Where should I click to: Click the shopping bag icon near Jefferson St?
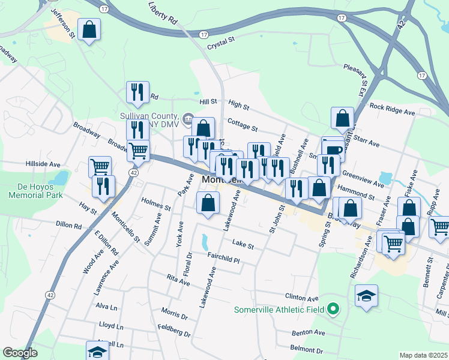(89, 30)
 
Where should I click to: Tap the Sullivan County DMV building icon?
(188, 118)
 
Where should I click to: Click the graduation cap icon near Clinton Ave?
(366, 296)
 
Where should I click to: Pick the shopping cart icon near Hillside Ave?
(100, 166)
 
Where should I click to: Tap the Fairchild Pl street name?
(223, 258)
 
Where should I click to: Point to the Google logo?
(20, 353)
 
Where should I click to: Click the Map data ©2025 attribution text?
(423, 355)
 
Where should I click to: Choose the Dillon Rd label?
(68, 225)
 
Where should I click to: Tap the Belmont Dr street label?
(307, 349)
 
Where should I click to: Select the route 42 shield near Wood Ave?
(50, 295)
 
